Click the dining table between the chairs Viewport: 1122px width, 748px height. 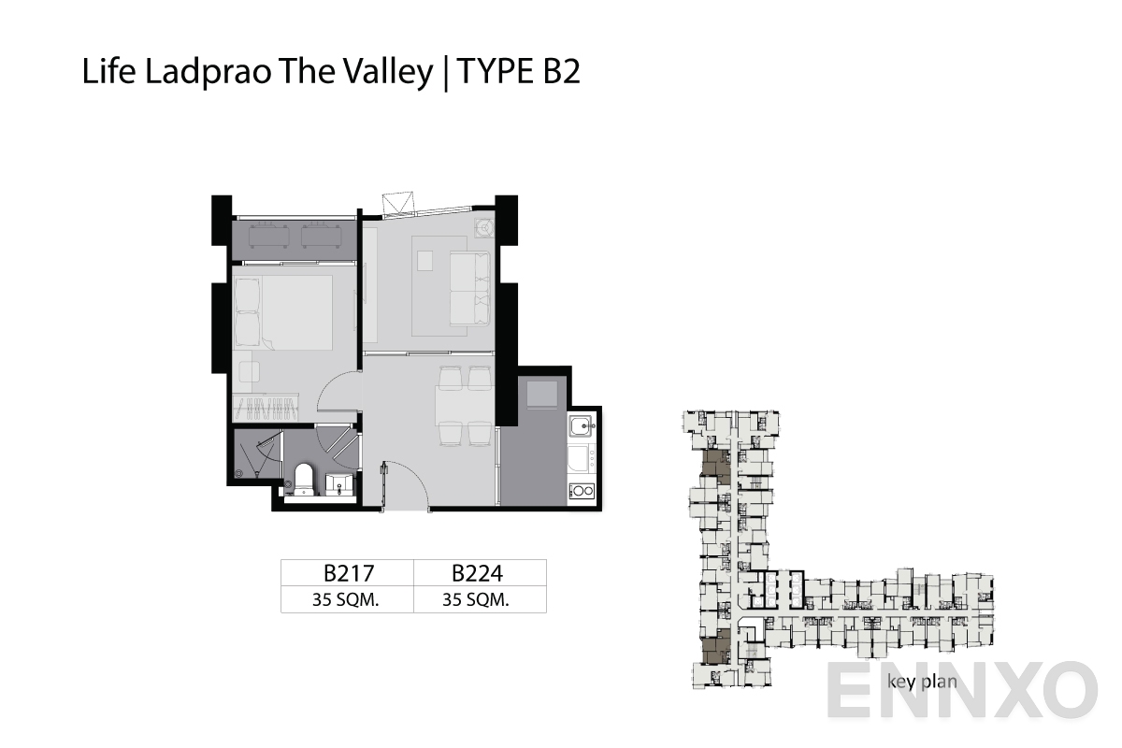coord(465,406)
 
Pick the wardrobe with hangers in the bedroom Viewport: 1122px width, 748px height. coord(266,407)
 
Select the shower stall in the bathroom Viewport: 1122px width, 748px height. coord(256,456)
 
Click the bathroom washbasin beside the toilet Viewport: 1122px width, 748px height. coord(338,482)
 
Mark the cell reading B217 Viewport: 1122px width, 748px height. coord(347,572)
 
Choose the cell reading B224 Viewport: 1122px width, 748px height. coord(479,572)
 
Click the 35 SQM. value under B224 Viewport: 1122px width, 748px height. coord(476,600)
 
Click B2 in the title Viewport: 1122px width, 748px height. coord(560,73)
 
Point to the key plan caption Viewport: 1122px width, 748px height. coord(922,681)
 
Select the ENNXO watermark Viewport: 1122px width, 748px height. coord(963,692)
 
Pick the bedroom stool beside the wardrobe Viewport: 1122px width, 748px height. coord(249,371)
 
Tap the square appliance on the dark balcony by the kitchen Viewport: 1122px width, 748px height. coord(542,394)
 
